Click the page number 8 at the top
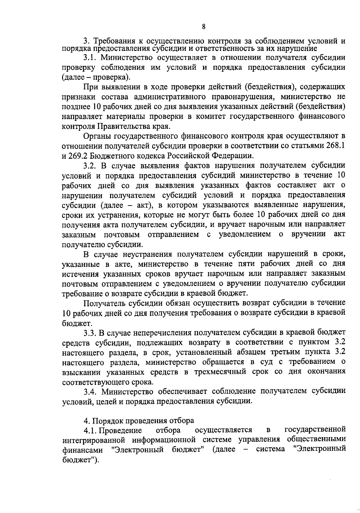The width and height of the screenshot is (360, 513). [203, 27]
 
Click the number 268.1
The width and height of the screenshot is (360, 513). [334, 146]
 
